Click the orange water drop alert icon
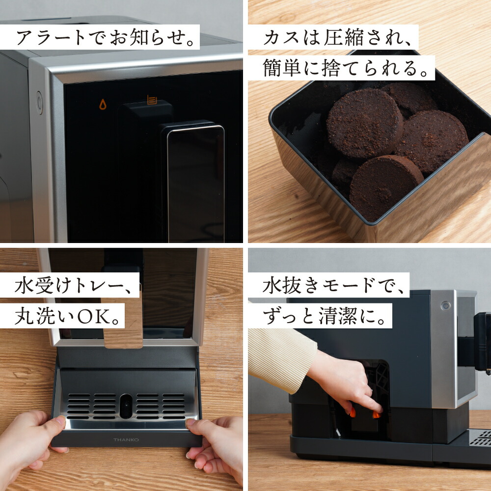103,104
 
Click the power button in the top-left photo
39,103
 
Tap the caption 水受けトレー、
69,285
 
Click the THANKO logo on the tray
127,439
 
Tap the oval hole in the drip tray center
126,406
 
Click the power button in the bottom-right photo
446,305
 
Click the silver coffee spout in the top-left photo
195,182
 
